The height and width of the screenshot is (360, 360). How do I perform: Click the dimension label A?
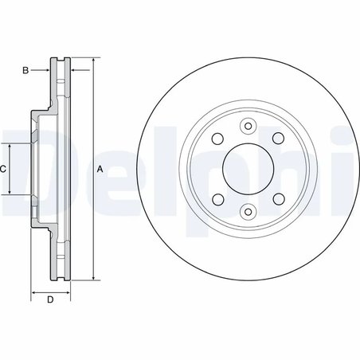[100, 169]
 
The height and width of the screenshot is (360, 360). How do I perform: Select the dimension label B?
[25, 71]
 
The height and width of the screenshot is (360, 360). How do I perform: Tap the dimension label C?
[3, 169]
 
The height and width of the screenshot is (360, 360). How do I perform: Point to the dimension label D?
[49, 300]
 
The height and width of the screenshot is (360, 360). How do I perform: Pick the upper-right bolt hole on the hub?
[278, 138]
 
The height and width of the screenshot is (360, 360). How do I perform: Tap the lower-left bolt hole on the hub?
[216, 199]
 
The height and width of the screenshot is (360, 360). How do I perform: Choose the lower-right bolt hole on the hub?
[278, 199]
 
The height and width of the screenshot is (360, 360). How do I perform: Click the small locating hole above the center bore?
[247, 125]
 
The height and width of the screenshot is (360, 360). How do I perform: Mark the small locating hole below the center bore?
[247, 212]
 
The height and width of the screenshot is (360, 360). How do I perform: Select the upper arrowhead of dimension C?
[10, 146]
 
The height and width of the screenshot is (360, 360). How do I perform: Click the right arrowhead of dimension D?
[68, 292]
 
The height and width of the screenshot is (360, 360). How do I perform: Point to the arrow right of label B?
[47, 71]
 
